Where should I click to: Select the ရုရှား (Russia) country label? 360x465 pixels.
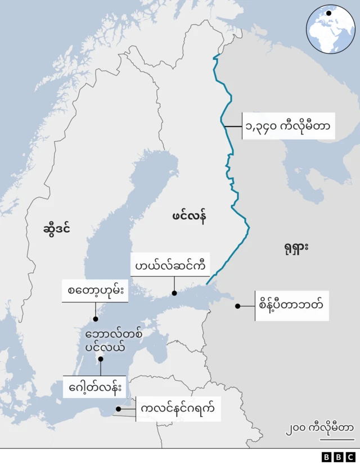tap(293, 247)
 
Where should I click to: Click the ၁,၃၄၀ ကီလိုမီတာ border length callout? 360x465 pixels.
tap(288, 126)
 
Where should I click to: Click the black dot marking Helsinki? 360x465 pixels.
tap(174, 293)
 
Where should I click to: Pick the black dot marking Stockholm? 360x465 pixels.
tap(96, 319)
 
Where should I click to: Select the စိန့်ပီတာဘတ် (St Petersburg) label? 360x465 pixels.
tap(291, 306)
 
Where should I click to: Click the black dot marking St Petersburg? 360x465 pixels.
tap(237, 306)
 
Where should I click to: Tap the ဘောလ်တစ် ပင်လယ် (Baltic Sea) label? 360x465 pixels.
tap(114, 341)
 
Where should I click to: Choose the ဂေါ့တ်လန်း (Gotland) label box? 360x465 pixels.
tap(95, 387)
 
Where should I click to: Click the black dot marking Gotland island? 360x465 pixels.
tap(101, 359)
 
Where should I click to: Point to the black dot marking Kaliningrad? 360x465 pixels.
tap(118, 409)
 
